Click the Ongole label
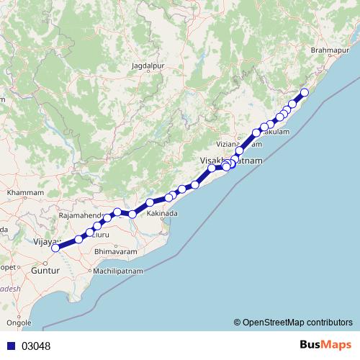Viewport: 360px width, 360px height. coord(19,323)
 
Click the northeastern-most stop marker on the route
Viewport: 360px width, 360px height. coord(305,92)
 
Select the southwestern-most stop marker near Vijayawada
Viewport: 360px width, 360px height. coord(55,248)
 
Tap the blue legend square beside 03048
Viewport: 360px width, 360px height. coord(11,346)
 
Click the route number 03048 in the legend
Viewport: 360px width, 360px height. coord(36,346)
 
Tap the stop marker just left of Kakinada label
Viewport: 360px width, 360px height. coord(132,214)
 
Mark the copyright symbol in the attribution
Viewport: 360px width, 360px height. coord(238,322)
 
